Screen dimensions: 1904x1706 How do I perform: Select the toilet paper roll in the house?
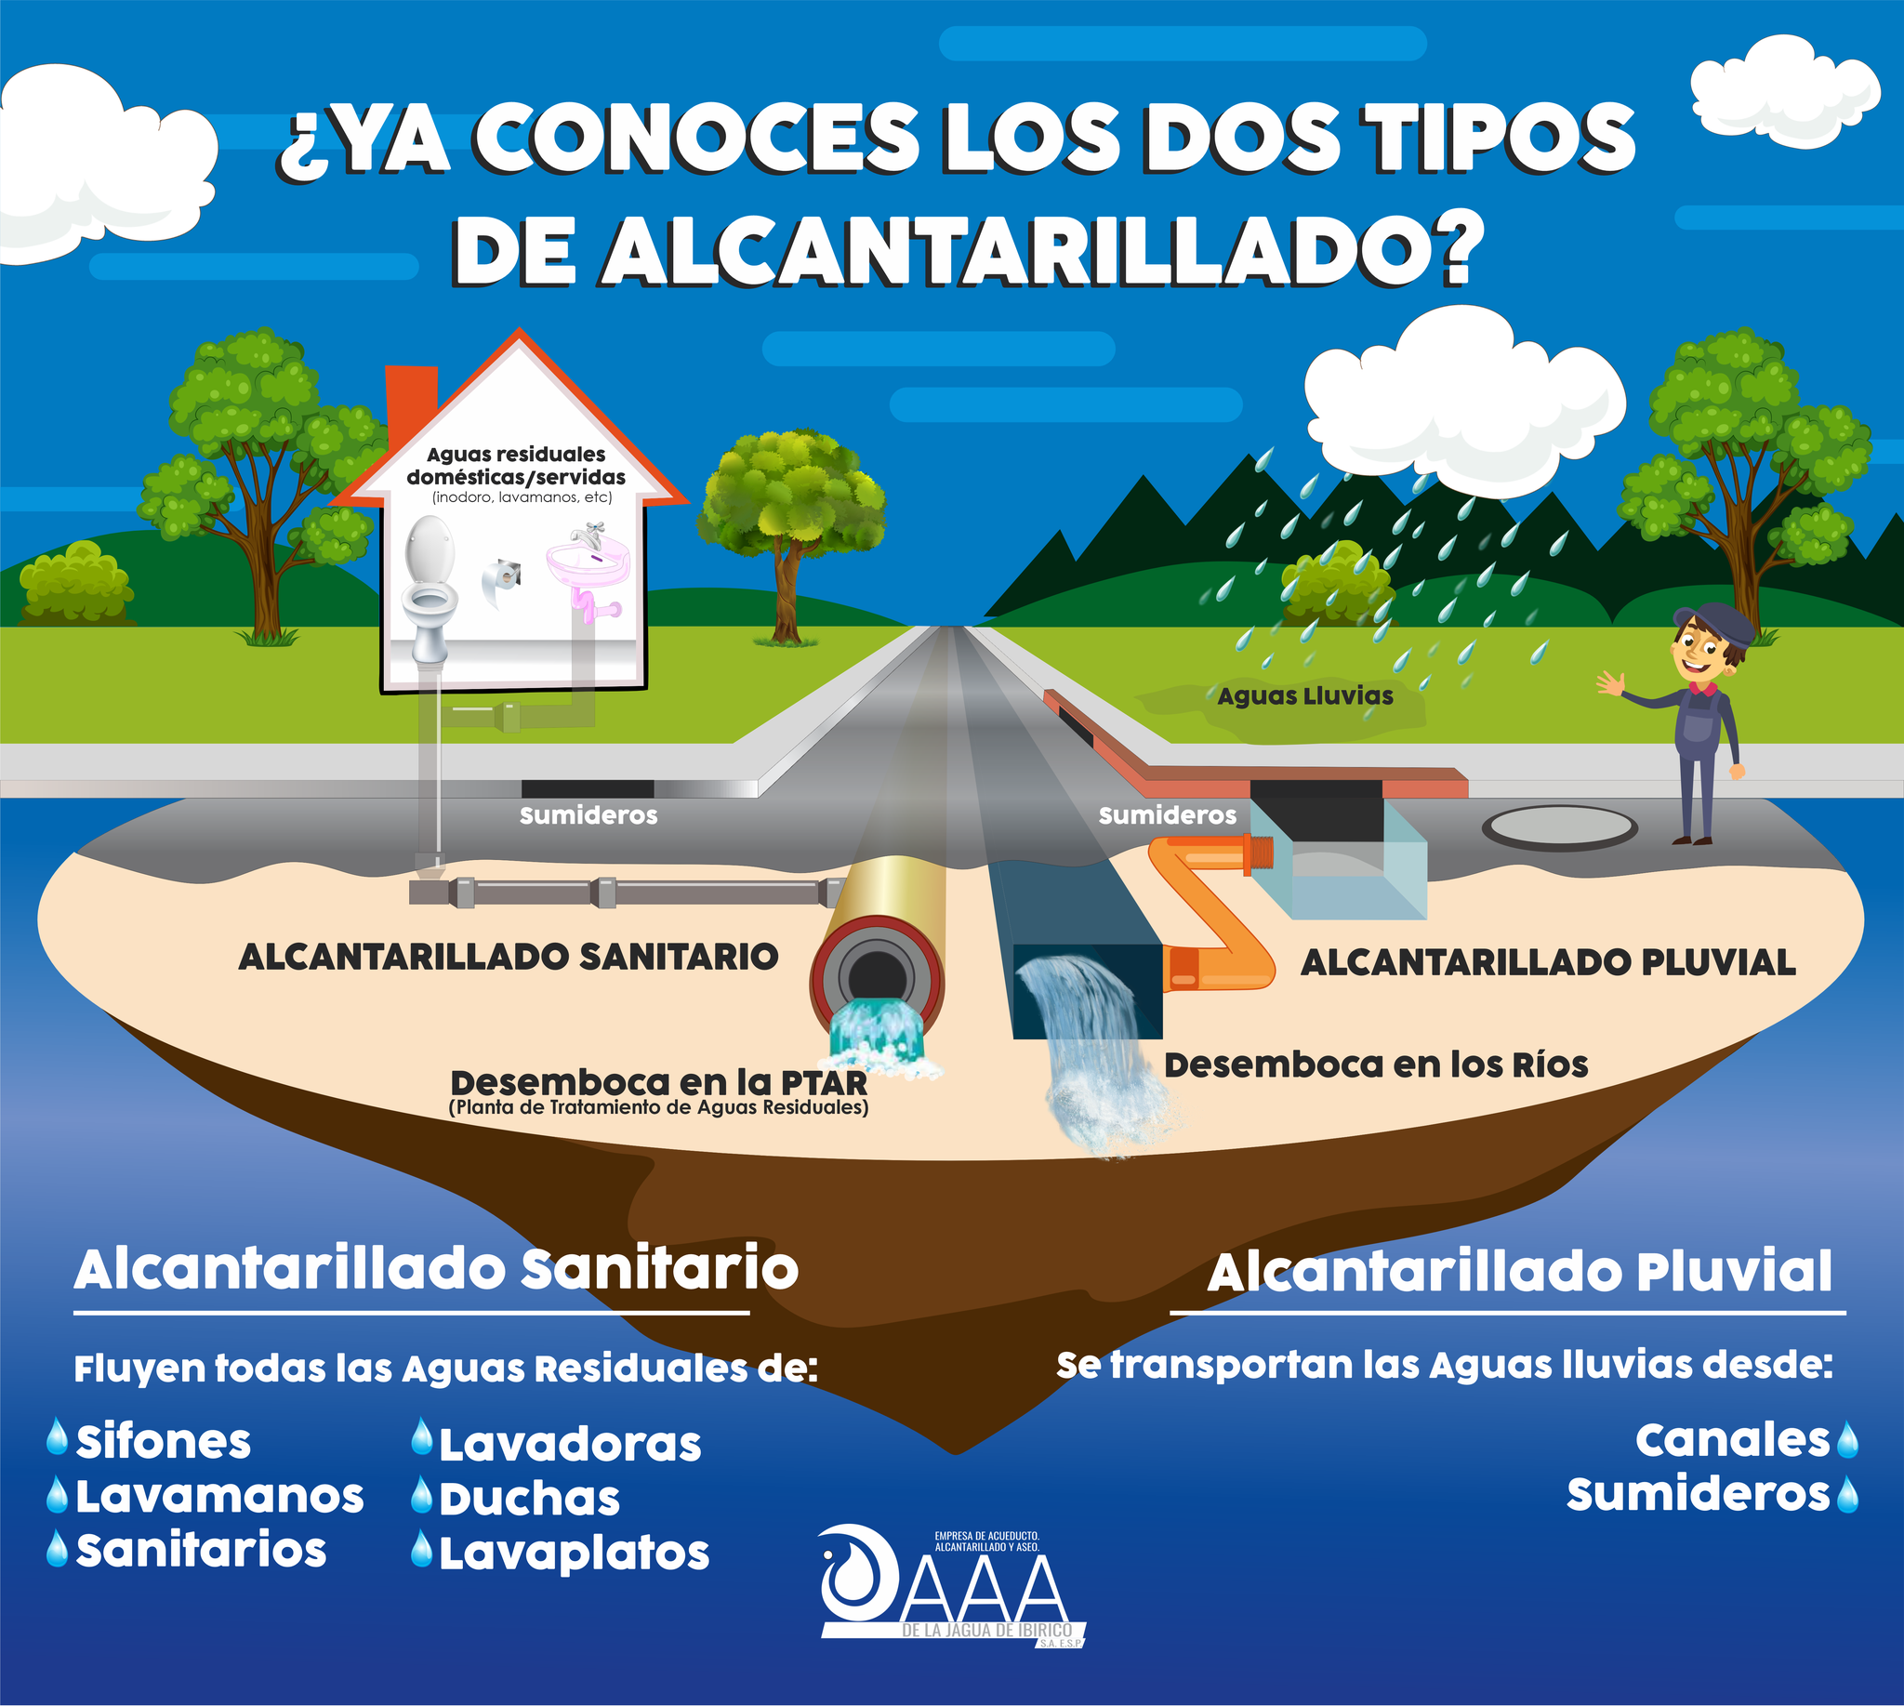pos(500,581)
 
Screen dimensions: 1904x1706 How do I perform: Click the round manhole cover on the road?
pos(1560,826)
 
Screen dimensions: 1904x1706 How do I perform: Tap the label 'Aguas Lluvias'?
pos(1305,696)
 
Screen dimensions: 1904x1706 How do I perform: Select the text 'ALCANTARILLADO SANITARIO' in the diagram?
pos(509,957)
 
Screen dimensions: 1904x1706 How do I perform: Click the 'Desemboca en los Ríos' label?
pos(1376,1065)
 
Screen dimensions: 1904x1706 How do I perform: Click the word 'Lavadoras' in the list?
pos(570,1445)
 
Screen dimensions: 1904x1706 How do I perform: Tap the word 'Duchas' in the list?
pos(530,1499)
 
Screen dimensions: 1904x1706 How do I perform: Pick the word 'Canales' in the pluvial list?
pos(1732,1440)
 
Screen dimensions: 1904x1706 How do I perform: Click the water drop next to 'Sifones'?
pos(58,1435)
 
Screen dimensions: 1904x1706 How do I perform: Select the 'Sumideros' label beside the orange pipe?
pos(1167,815)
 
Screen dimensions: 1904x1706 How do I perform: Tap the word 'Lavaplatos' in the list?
pos(574,1554)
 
